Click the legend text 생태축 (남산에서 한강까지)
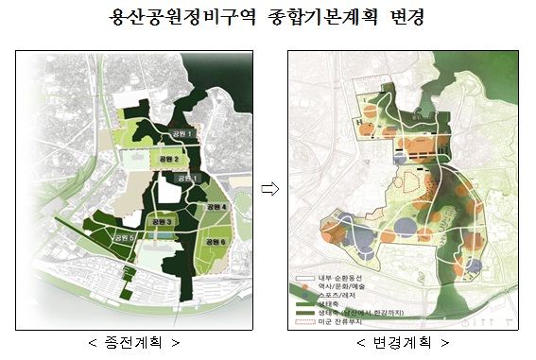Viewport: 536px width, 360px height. (363, 312)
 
